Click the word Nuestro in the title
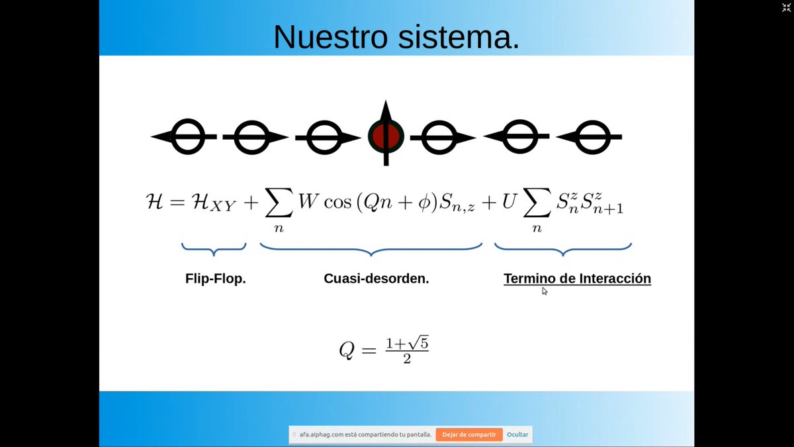coord(331,36)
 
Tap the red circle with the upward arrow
coord(386,135)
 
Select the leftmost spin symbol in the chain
coord(186,137)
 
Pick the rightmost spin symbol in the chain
coord(590,137)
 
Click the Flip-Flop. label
coord(215,279)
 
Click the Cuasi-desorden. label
coord(376,279)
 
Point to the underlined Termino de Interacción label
coord(577,279)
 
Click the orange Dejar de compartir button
coord(468,434)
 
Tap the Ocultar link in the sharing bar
coord(517,434)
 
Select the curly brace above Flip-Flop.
coord(214,250)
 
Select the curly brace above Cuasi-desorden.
coord(371,250)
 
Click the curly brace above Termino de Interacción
coord(563,250)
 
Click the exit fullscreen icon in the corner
coord(785,7)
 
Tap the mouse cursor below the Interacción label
coord(545,291)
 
